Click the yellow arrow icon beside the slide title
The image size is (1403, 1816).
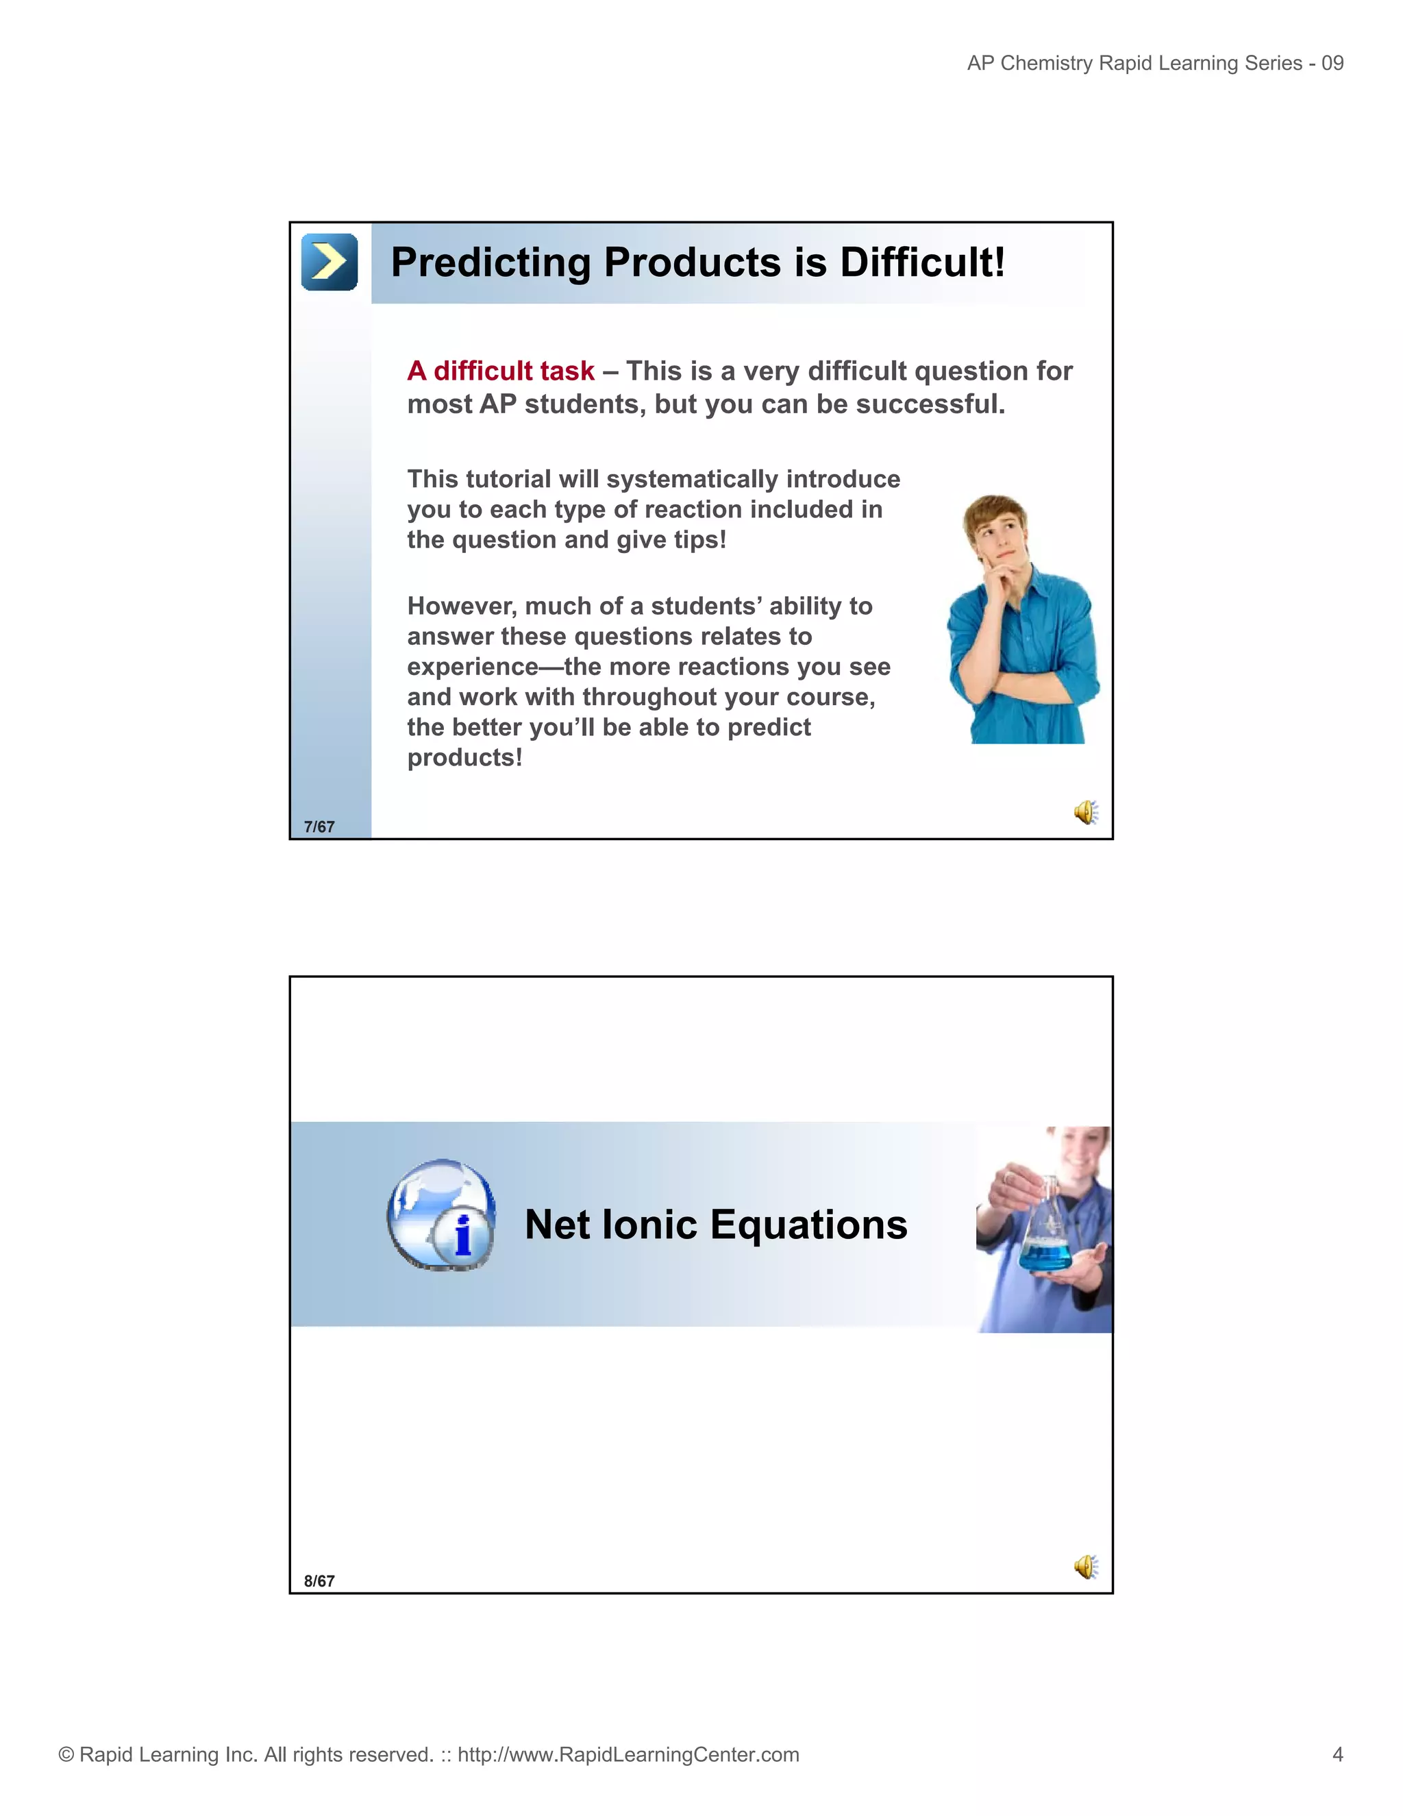[329, 262]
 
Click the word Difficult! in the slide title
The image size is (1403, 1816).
[922, 262]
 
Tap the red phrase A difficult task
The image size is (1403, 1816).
[500, 371]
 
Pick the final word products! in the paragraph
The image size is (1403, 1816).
[464, 757]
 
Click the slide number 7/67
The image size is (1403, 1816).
[319, 826]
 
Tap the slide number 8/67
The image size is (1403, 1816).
[319, 1581]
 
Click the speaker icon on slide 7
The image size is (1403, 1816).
[1086, 812]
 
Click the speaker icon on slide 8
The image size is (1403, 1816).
[1086, 1567]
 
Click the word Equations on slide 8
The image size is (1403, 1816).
[809, 1225]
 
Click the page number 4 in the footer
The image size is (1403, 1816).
[1337, 1754]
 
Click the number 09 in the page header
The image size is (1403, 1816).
[1332, 63]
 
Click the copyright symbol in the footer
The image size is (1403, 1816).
[66, 1754]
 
